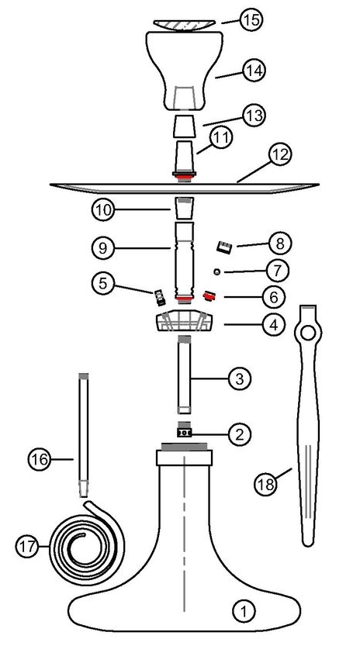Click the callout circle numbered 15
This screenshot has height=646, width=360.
tap(251, 20)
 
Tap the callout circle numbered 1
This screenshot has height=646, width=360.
tap(245, 612)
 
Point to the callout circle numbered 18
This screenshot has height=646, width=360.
tap(267, 484)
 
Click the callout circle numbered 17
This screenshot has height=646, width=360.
tap(27, 546)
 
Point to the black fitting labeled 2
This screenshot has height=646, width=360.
tap(184, 433)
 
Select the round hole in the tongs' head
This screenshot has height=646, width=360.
tap(310, 334)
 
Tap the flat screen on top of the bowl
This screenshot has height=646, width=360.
tap(184, 25)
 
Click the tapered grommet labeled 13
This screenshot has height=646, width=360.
tap(184, 127)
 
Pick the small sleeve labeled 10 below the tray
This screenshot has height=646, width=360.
tap(184, 208)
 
